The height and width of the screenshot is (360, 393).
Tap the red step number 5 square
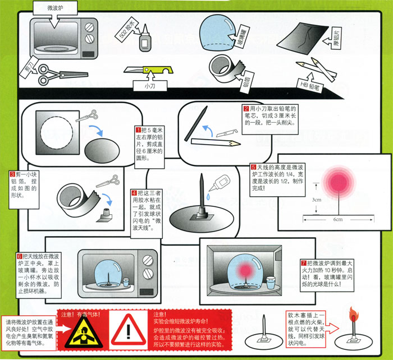[x=253, y=167]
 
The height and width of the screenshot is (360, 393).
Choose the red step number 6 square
[x=20, y=255]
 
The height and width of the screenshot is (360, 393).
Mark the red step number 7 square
[x=304, y=262]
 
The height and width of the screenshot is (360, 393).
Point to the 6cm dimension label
[x=337, y=219]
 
